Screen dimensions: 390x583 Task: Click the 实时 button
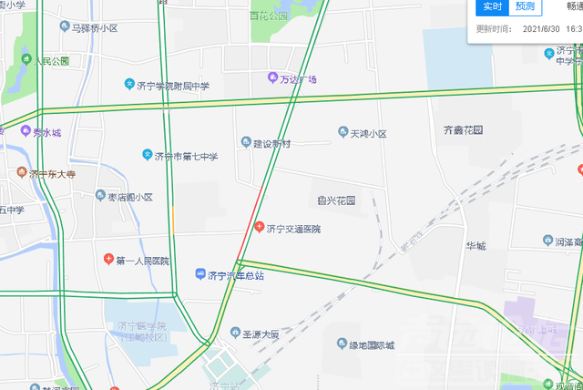pos(492,7)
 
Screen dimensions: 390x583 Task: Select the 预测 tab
pos(525,7)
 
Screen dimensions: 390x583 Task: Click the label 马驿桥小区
pos(95,28)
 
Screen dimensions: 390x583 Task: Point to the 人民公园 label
pos(51,62)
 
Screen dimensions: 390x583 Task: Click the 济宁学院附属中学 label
pos(172,87)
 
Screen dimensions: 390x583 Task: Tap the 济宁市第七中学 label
pos(186,156)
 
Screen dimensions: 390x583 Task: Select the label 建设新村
pos(271,143)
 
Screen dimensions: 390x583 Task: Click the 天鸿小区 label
pos(369,133)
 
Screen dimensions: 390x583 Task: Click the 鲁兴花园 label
pos(336,200)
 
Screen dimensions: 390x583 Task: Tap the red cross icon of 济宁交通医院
pos(260,227)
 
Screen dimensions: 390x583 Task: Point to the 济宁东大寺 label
pos(51,173)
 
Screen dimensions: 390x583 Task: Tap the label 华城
pos(476,246)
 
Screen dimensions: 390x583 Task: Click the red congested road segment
pos(251,223)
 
